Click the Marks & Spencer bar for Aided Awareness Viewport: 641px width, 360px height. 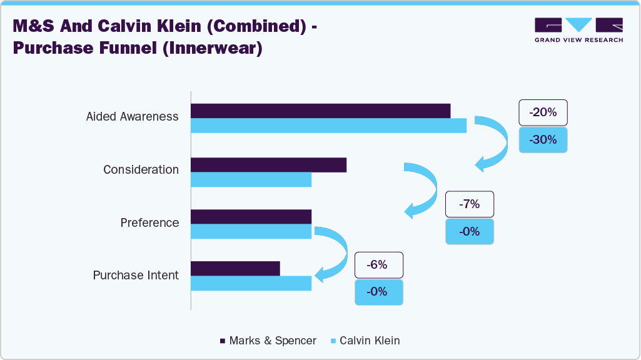pos(320,111)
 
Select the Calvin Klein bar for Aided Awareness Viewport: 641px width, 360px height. pos(328,126)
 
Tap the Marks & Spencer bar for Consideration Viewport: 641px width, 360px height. pos(268,164)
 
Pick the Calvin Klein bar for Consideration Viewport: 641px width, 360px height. pos(251,179)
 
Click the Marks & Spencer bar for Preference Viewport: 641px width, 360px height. pos(251,216)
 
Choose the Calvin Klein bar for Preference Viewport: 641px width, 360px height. pos(251,231)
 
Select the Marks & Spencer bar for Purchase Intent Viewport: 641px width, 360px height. pos(235,268)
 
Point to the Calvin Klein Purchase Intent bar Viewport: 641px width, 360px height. pos(251,283)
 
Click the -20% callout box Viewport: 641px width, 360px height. pos(543,113)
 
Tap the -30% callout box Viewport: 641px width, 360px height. pos(543,140)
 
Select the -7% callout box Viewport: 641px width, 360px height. pos(469,204)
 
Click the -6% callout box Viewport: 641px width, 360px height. pos(379,265)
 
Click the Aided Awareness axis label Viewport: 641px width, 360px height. pos(132,117)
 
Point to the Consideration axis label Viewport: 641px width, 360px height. pos(141,170)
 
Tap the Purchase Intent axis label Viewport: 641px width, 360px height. pos(136,276)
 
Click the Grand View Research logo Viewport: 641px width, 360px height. pos(578,30)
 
